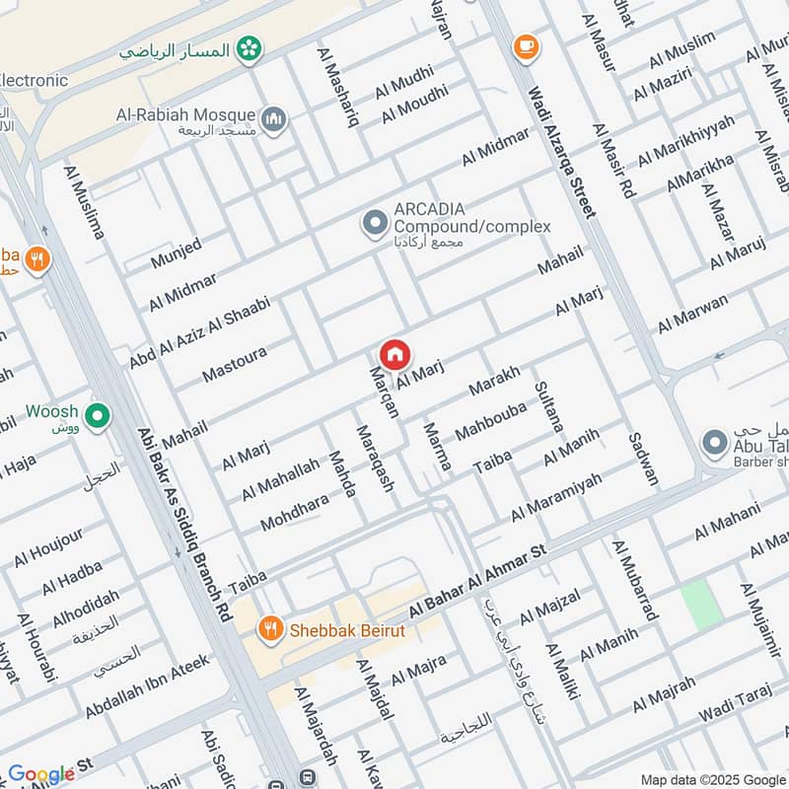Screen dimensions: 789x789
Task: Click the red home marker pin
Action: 394,354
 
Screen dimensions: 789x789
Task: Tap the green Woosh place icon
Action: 97,417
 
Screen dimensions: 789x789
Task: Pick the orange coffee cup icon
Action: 525,45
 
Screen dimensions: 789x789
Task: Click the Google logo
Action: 40,773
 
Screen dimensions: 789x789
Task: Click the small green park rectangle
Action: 699,605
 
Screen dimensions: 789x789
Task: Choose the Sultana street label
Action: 547,407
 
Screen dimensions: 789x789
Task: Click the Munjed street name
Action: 176,253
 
